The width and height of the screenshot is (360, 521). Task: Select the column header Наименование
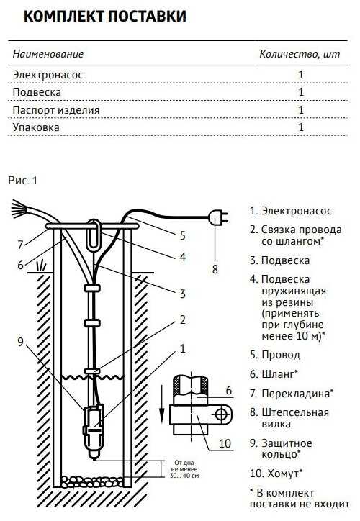pyautogui.click(x=48, y=54)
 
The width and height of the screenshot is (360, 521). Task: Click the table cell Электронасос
pyautogui.click(x=44, y=74)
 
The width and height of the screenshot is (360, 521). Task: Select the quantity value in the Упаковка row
pyautogui.click(x=301, y=128)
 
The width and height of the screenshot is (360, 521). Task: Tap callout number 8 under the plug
pyautogui.click(x=214, y=270)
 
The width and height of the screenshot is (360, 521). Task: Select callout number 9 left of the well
pyautogui.click(x=20, y=341)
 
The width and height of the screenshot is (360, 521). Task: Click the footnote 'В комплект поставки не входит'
pyautogui.click(x=289, y=499)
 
